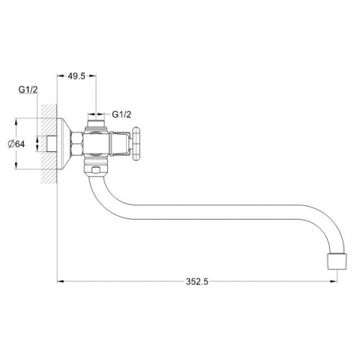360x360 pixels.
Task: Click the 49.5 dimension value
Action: [x=76, y=76]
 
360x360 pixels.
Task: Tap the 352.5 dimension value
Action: [x=197, y=282]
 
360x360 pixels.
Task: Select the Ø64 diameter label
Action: [x=17, y=144]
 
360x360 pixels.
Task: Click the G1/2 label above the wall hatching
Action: [x=28, y=89]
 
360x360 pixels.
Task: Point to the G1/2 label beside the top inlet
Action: [x=122, y=114]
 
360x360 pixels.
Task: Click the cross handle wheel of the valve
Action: [x=136, y=144]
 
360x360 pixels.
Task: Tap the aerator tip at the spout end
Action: [x=337, y=261]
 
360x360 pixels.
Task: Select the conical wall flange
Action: [x=63, y=144]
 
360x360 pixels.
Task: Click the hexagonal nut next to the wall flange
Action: [x=77, y=144]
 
